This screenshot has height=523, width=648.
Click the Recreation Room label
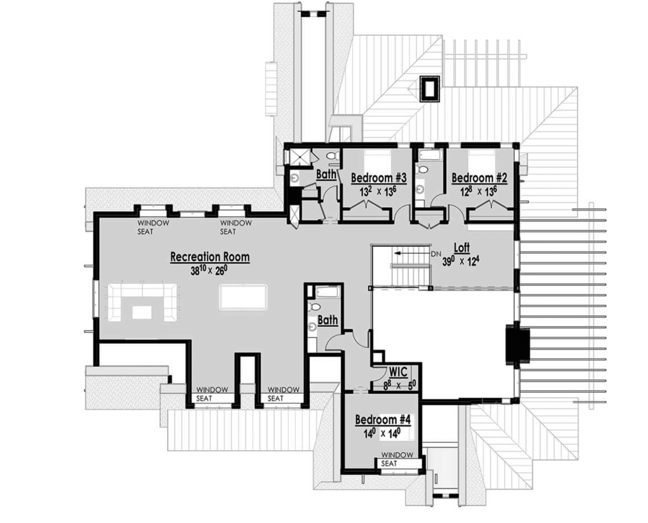click(x=210, y=257)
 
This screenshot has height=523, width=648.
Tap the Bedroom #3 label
click(x=378, y=178)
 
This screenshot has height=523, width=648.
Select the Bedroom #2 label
click(x=479, y=178)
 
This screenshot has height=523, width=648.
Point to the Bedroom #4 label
click(x=383, y=420)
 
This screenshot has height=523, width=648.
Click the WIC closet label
click(x=398, y=372)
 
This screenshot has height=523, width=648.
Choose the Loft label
click(x=462, y=248)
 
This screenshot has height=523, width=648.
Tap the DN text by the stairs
click(x=436, y=254)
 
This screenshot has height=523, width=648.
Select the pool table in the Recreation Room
click(x=243, y=297)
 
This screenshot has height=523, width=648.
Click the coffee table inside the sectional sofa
click(x=142, y=312)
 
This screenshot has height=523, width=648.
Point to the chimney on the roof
click(x=430, y=88)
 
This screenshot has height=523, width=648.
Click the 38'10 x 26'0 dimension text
click(x=209, y=271)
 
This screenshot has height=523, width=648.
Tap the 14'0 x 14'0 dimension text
click(x=382, y=434)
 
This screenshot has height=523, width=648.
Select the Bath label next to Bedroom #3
click(x=326, y=174)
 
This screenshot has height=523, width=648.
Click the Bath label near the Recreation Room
click(x=328, y=320)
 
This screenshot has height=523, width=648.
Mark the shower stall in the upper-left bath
click(x=299, y=157)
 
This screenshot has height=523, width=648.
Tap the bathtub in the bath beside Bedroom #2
click(x=430, y=155)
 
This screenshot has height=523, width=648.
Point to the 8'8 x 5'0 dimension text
click(x=399, y=385)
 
